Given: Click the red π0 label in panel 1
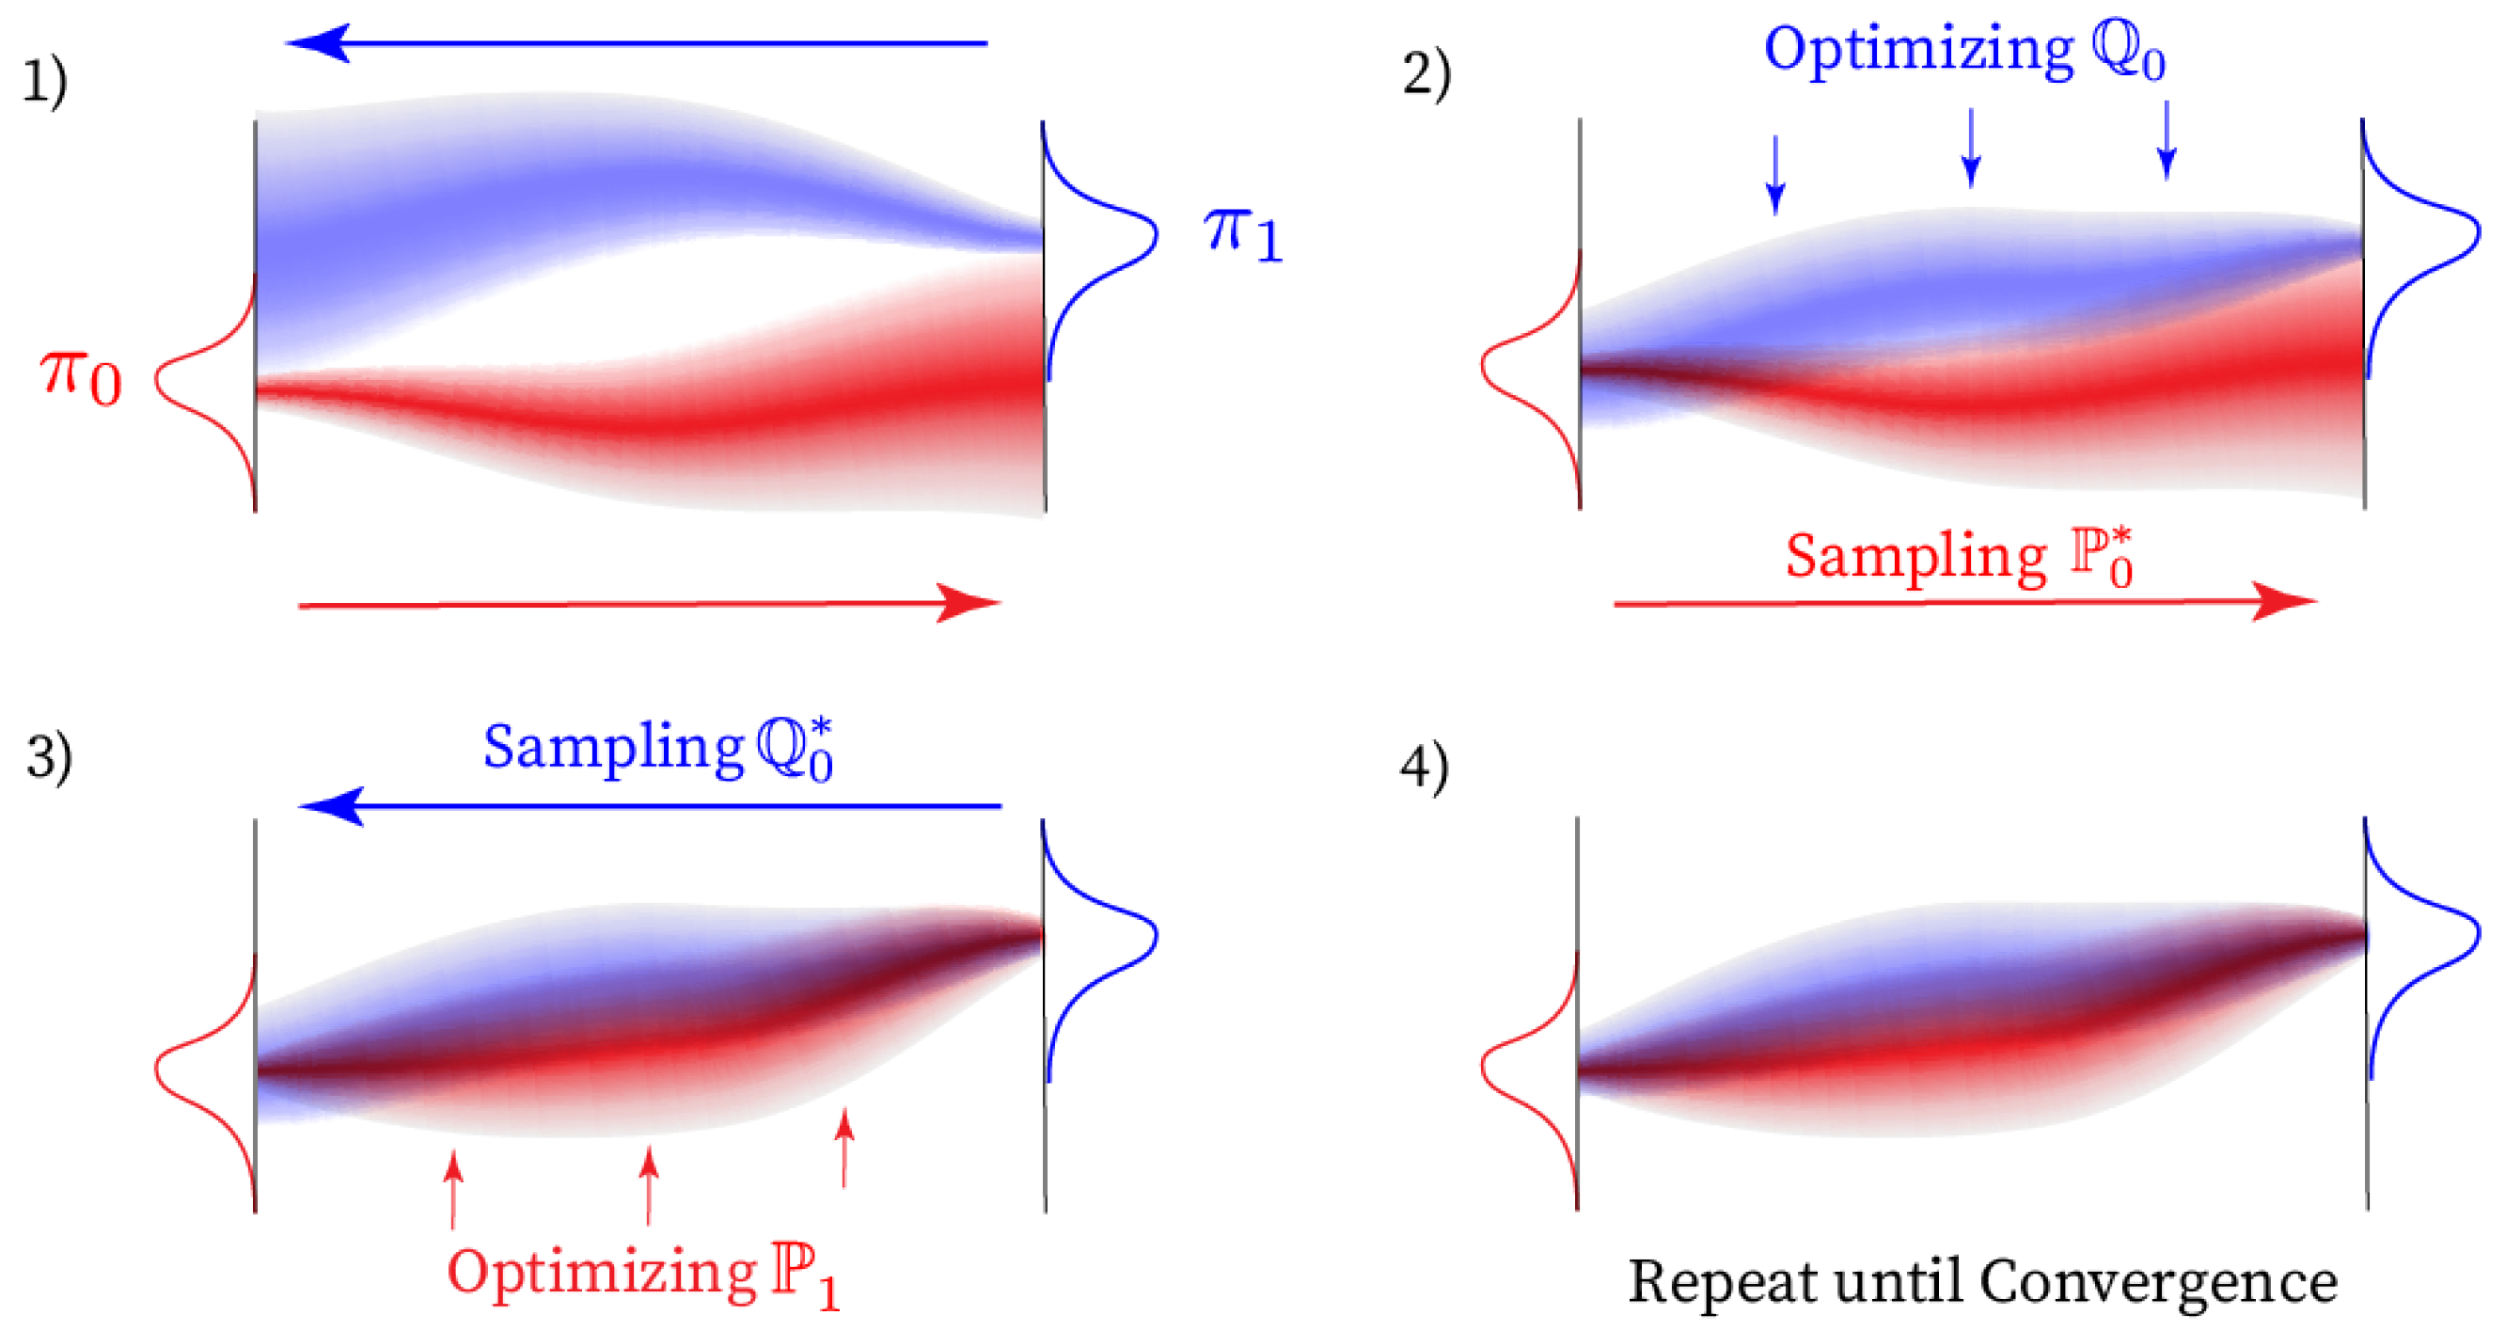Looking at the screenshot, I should [x=81, y=377].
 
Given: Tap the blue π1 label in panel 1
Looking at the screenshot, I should [x=1243, y=233].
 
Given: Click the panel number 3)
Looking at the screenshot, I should [x=49, y=757].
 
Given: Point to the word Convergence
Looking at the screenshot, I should [x=2158, y=1282].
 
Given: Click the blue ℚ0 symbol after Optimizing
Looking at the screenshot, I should [x=2128, y=53].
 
